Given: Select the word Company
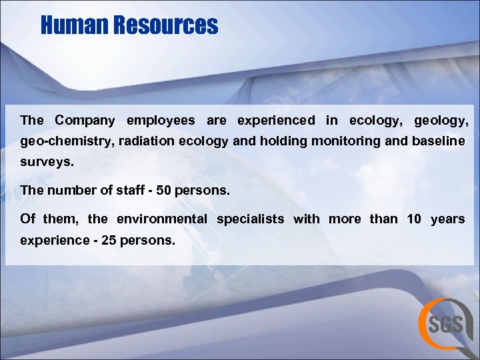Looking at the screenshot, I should tap(85, 121).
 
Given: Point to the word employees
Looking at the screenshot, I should tap(161, 121).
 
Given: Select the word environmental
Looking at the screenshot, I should tap(162, 219).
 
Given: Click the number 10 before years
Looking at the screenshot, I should tap(414, 219).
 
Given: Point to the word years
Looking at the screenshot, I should tap(448, 219).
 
